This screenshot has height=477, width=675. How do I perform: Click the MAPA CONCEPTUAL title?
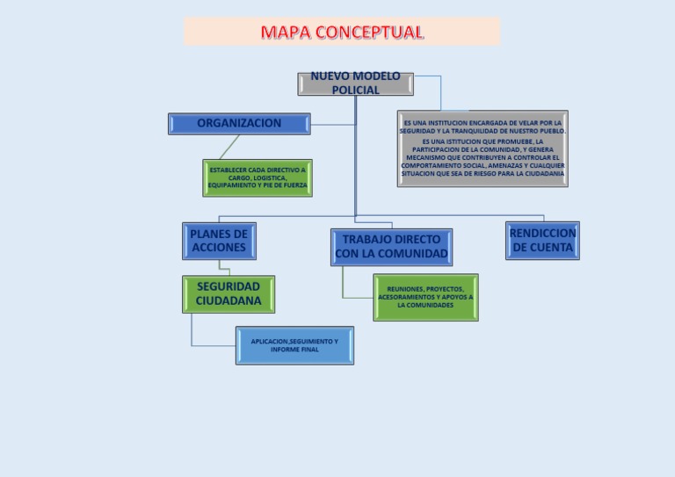(x=341, y=33)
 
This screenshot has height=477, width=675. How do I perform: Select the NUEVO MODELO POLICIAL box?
(x=355, y=83)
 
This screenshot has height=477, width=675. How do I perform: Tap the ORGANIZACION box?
(x=239, y=124)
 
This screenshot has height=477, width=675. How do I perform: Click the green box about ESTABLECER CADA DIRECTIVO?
(x=258, y=177)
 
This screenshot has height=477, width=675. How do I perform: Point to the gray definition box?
(x=483, y=148)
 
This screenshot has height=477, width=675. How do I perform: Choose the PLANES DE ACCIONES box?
(x=219, y=241)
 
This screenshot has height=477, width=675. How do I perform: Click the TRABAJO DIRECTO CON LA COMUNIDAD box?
(x=391, y=247)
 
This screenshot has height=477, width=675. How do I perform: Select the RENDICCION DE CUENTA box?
(x=542, y=241)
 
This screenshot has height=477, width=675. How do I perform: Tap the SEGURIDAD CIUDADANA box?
(x=229, y=293)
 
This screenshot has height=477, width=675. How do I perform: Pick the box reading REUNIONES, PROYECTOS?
(x=425, y=297)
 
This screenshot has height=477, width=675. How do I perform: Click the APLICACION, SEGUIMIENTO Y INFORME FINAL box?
(x=294, y=345)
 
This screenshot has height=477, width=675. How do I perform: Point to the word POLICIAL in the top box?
(x=355, y=90)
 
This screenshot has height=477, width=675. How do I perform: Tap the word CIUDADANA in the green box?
(x=229, y=301)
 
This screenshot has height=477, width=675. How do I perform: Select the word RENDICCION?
(x=542, y=234)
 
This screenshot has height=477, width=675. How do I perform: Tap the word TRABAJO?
(x=367, y=240)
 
